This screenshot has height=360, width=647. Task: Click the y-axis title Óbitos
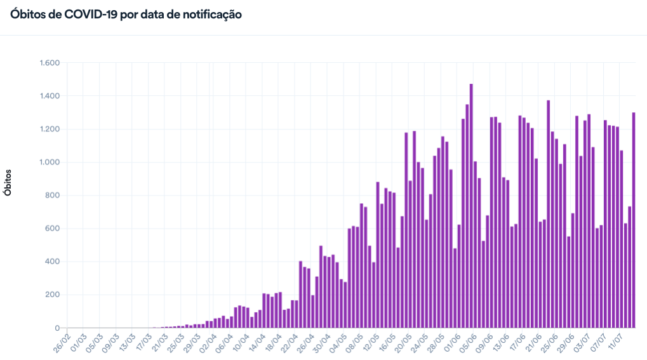pyautogui.click(x=8, y=182)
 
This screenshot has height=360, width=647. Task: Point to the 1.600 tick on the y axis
pyautogui.click(x=49, y=63)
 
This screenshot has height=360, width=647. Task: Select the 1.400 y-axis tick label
pyautogui.click(x=49, y=96)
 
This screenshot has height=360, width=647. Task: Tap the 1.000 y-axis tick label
pyautogui.click(x=49, y=162)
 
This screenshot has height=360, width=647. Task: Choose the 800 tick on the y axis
pyautogui.click(x=52, y=196)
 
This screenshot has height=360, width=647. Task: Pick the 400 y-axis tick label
pyautogui.click(x=52, y=262)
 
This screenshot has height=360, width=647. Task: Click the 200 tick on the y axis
pyautogui.click(x=52, y=295)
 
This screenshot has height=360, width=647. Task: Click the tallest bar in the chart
pyautogui.click(x=471, y=206)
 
